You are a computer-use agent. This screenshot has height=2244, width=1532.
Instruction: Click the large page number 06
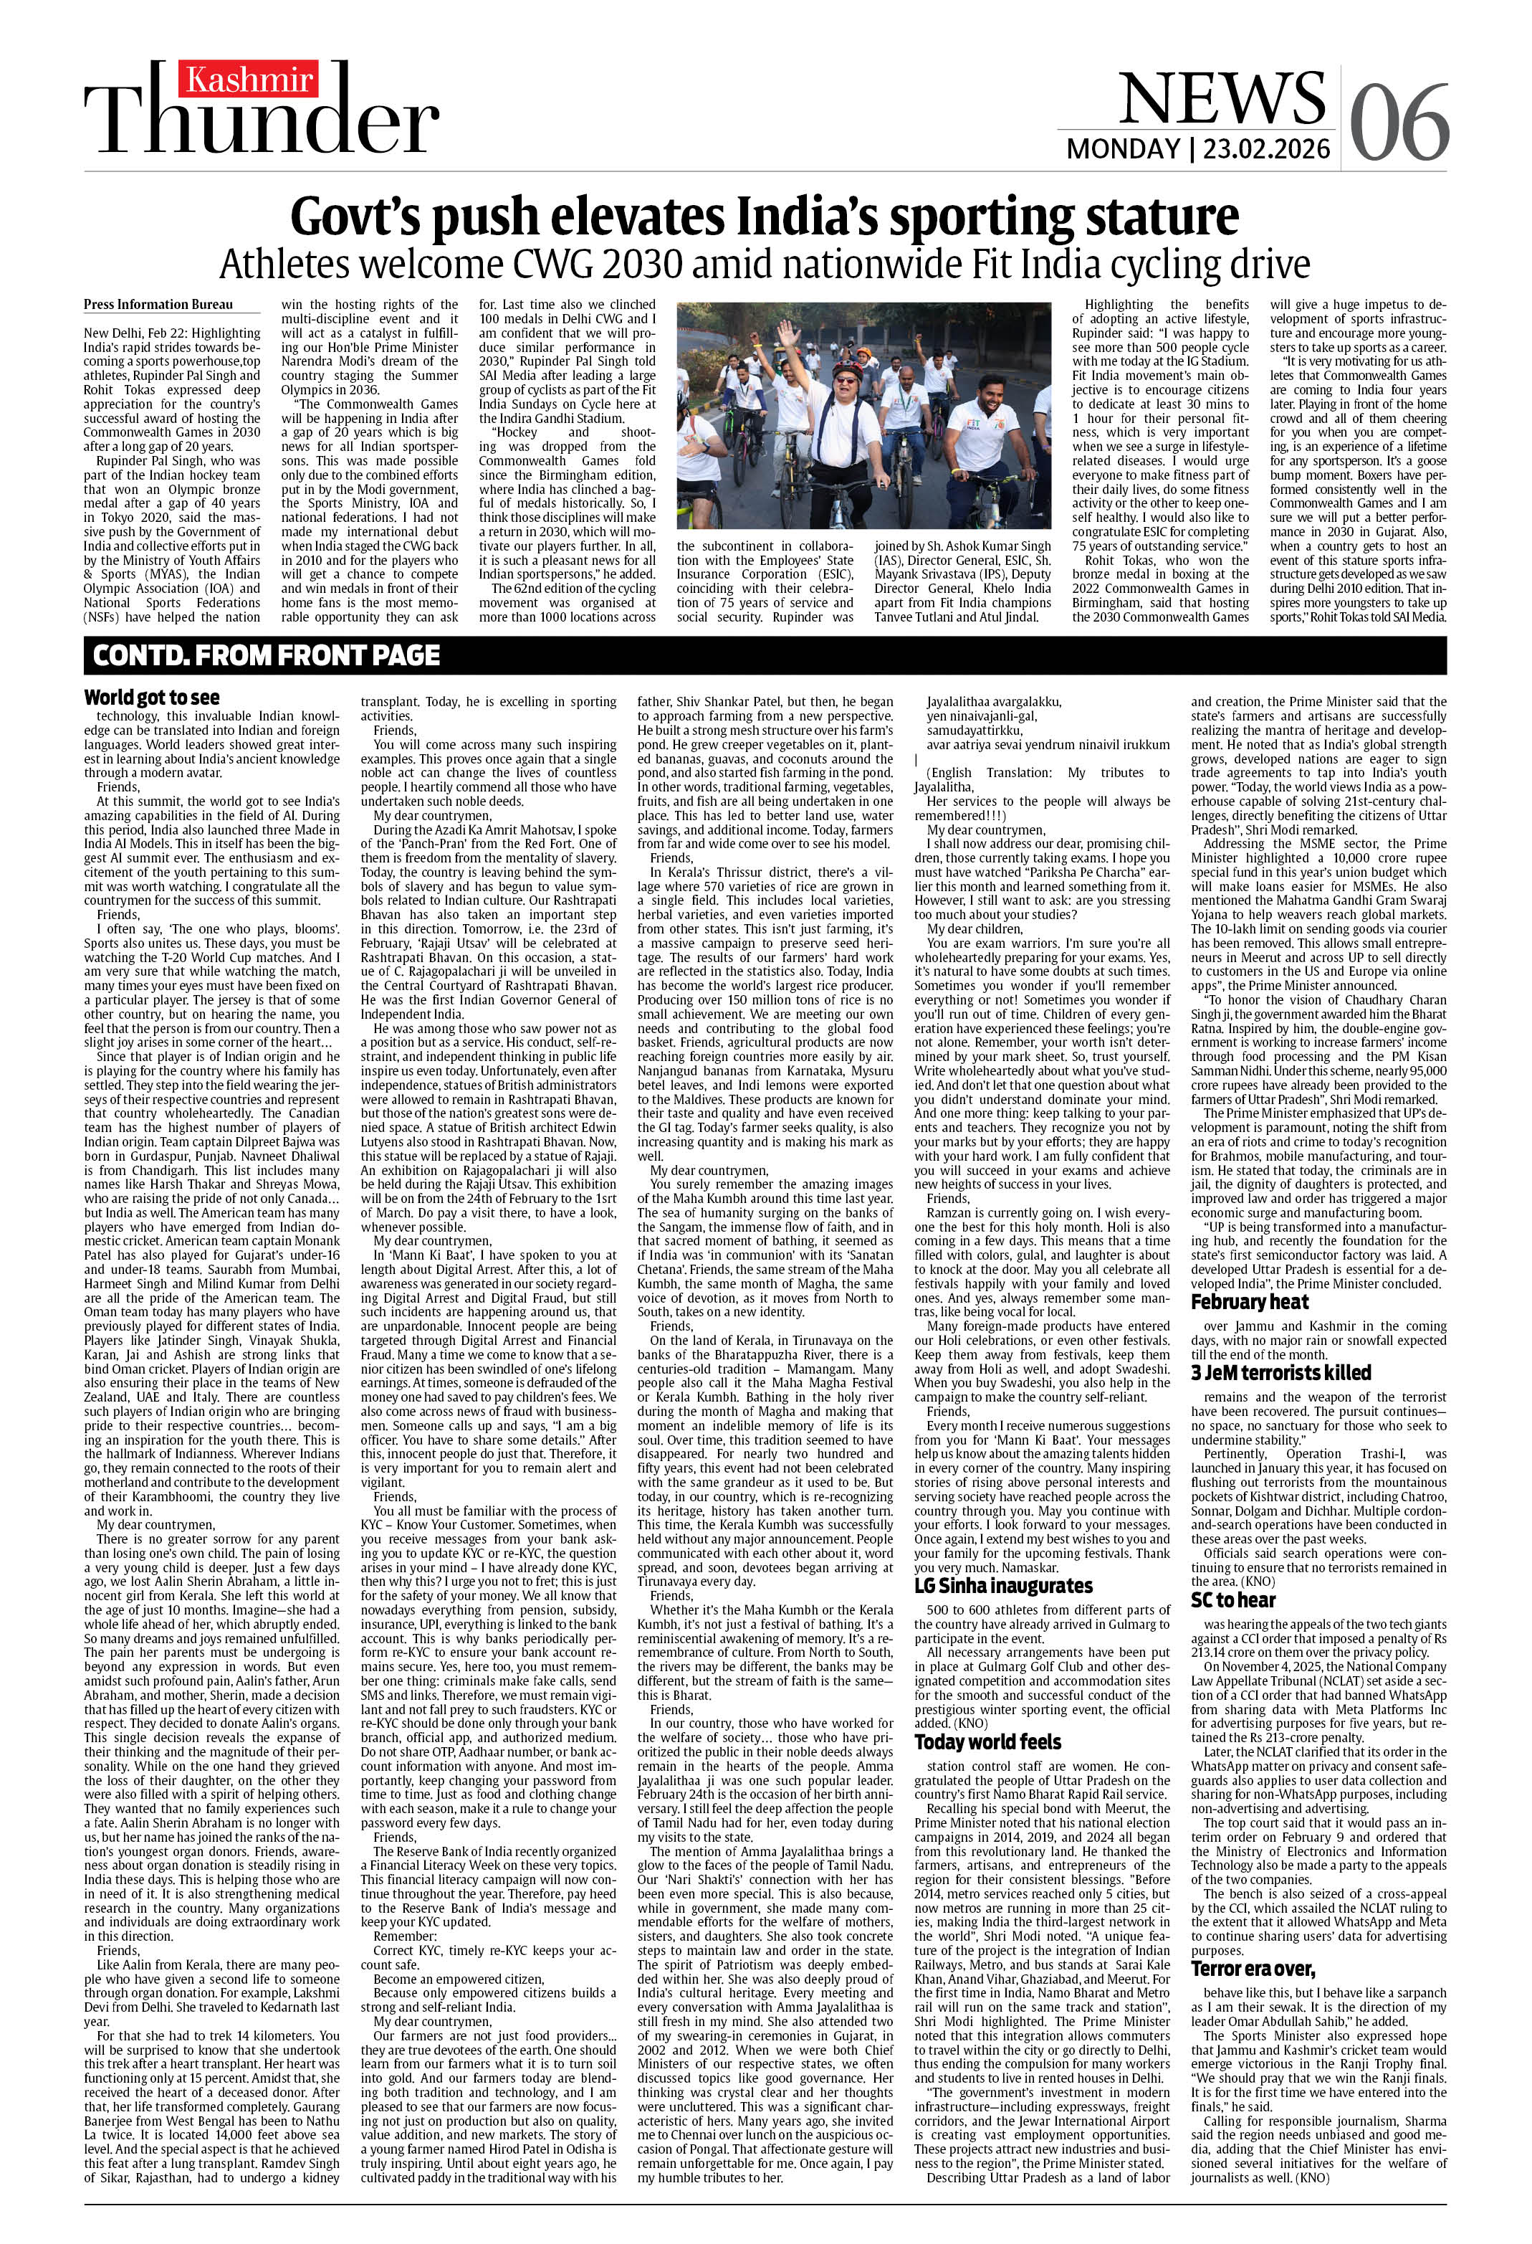pyautogui.click(x=1399, y=123)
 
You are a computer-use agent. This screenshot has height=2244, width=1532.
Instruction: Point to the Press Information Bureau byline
pyautogui.click(x=158, y=304)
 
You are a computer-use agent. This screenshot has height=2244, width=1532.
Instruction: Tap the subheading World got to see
pyautogui.click(x=152, y=697)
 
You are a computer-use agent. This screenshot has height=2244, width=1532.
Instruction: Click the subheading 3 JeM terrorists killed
pyautogui.click(x=1280, y=1372)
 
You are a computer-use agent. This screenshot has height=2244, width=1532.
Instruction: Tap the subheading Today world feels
pyautogui.click(x=987, y=1742)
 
